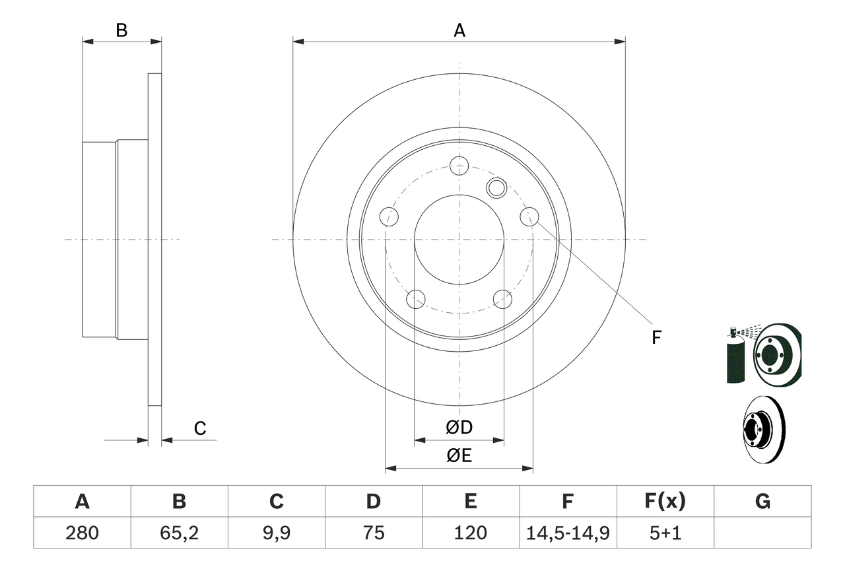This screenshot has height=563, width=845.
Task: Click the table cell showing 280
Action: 82,533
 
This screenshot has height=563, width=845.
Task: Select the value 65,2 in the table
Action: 179,533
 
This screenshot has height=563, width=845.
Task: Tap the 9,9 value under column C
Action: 276,533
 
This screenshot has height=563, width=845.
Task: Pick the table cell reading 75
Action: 373,533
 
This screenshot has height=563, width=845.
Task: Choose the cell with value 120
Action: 470,533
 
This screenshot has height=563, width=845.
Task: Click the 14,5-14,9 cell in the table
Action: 568,533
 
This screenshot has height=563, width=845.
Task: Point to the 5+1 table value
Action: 665,533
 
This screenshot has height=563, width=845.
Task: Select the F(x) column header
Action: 665,502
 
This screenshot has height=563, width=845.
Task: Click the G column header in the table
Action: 762,502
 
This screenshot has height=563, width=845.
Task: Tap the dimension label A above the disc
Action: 459,30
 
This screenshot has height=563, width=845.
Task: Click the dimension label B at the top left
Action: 121,30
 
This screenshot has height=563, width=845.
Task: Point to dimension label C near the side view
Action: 200,429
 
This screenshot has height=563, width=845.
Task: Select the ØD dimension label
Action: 459,428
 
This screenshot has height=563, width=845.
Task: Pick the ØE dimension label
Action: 459,456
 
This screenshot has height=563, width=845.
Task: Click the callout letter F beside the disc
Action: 656,338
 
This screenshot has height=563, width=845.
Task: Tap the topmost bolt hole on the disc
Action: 458,165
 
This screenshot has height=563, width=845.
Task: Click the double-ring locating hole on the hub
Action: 496,188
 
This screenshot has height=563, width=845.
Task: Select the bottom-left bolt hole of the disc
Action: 415,299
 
